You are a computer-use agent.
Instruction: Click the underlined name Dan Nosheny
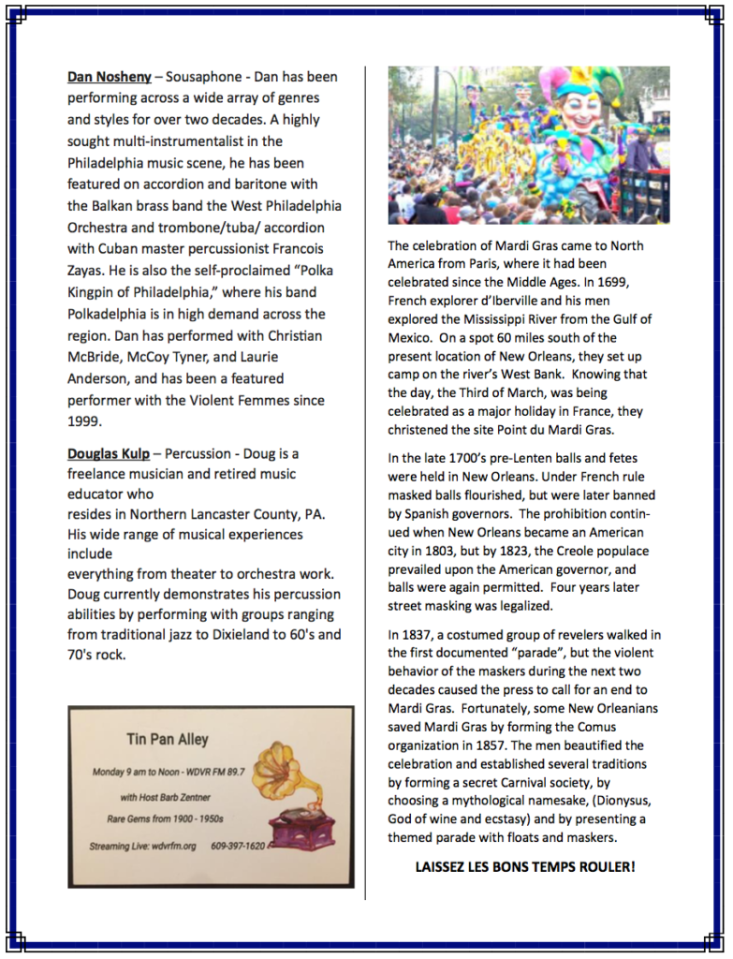pos(109,77)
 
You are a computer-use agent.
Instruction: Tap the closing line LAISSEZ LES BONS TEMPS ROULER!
pos(524,867)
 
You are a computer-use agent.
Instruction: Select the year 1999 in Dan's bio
pos(82,421)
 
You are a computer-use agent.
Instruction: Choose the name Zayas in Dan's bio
pos(90,271)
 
